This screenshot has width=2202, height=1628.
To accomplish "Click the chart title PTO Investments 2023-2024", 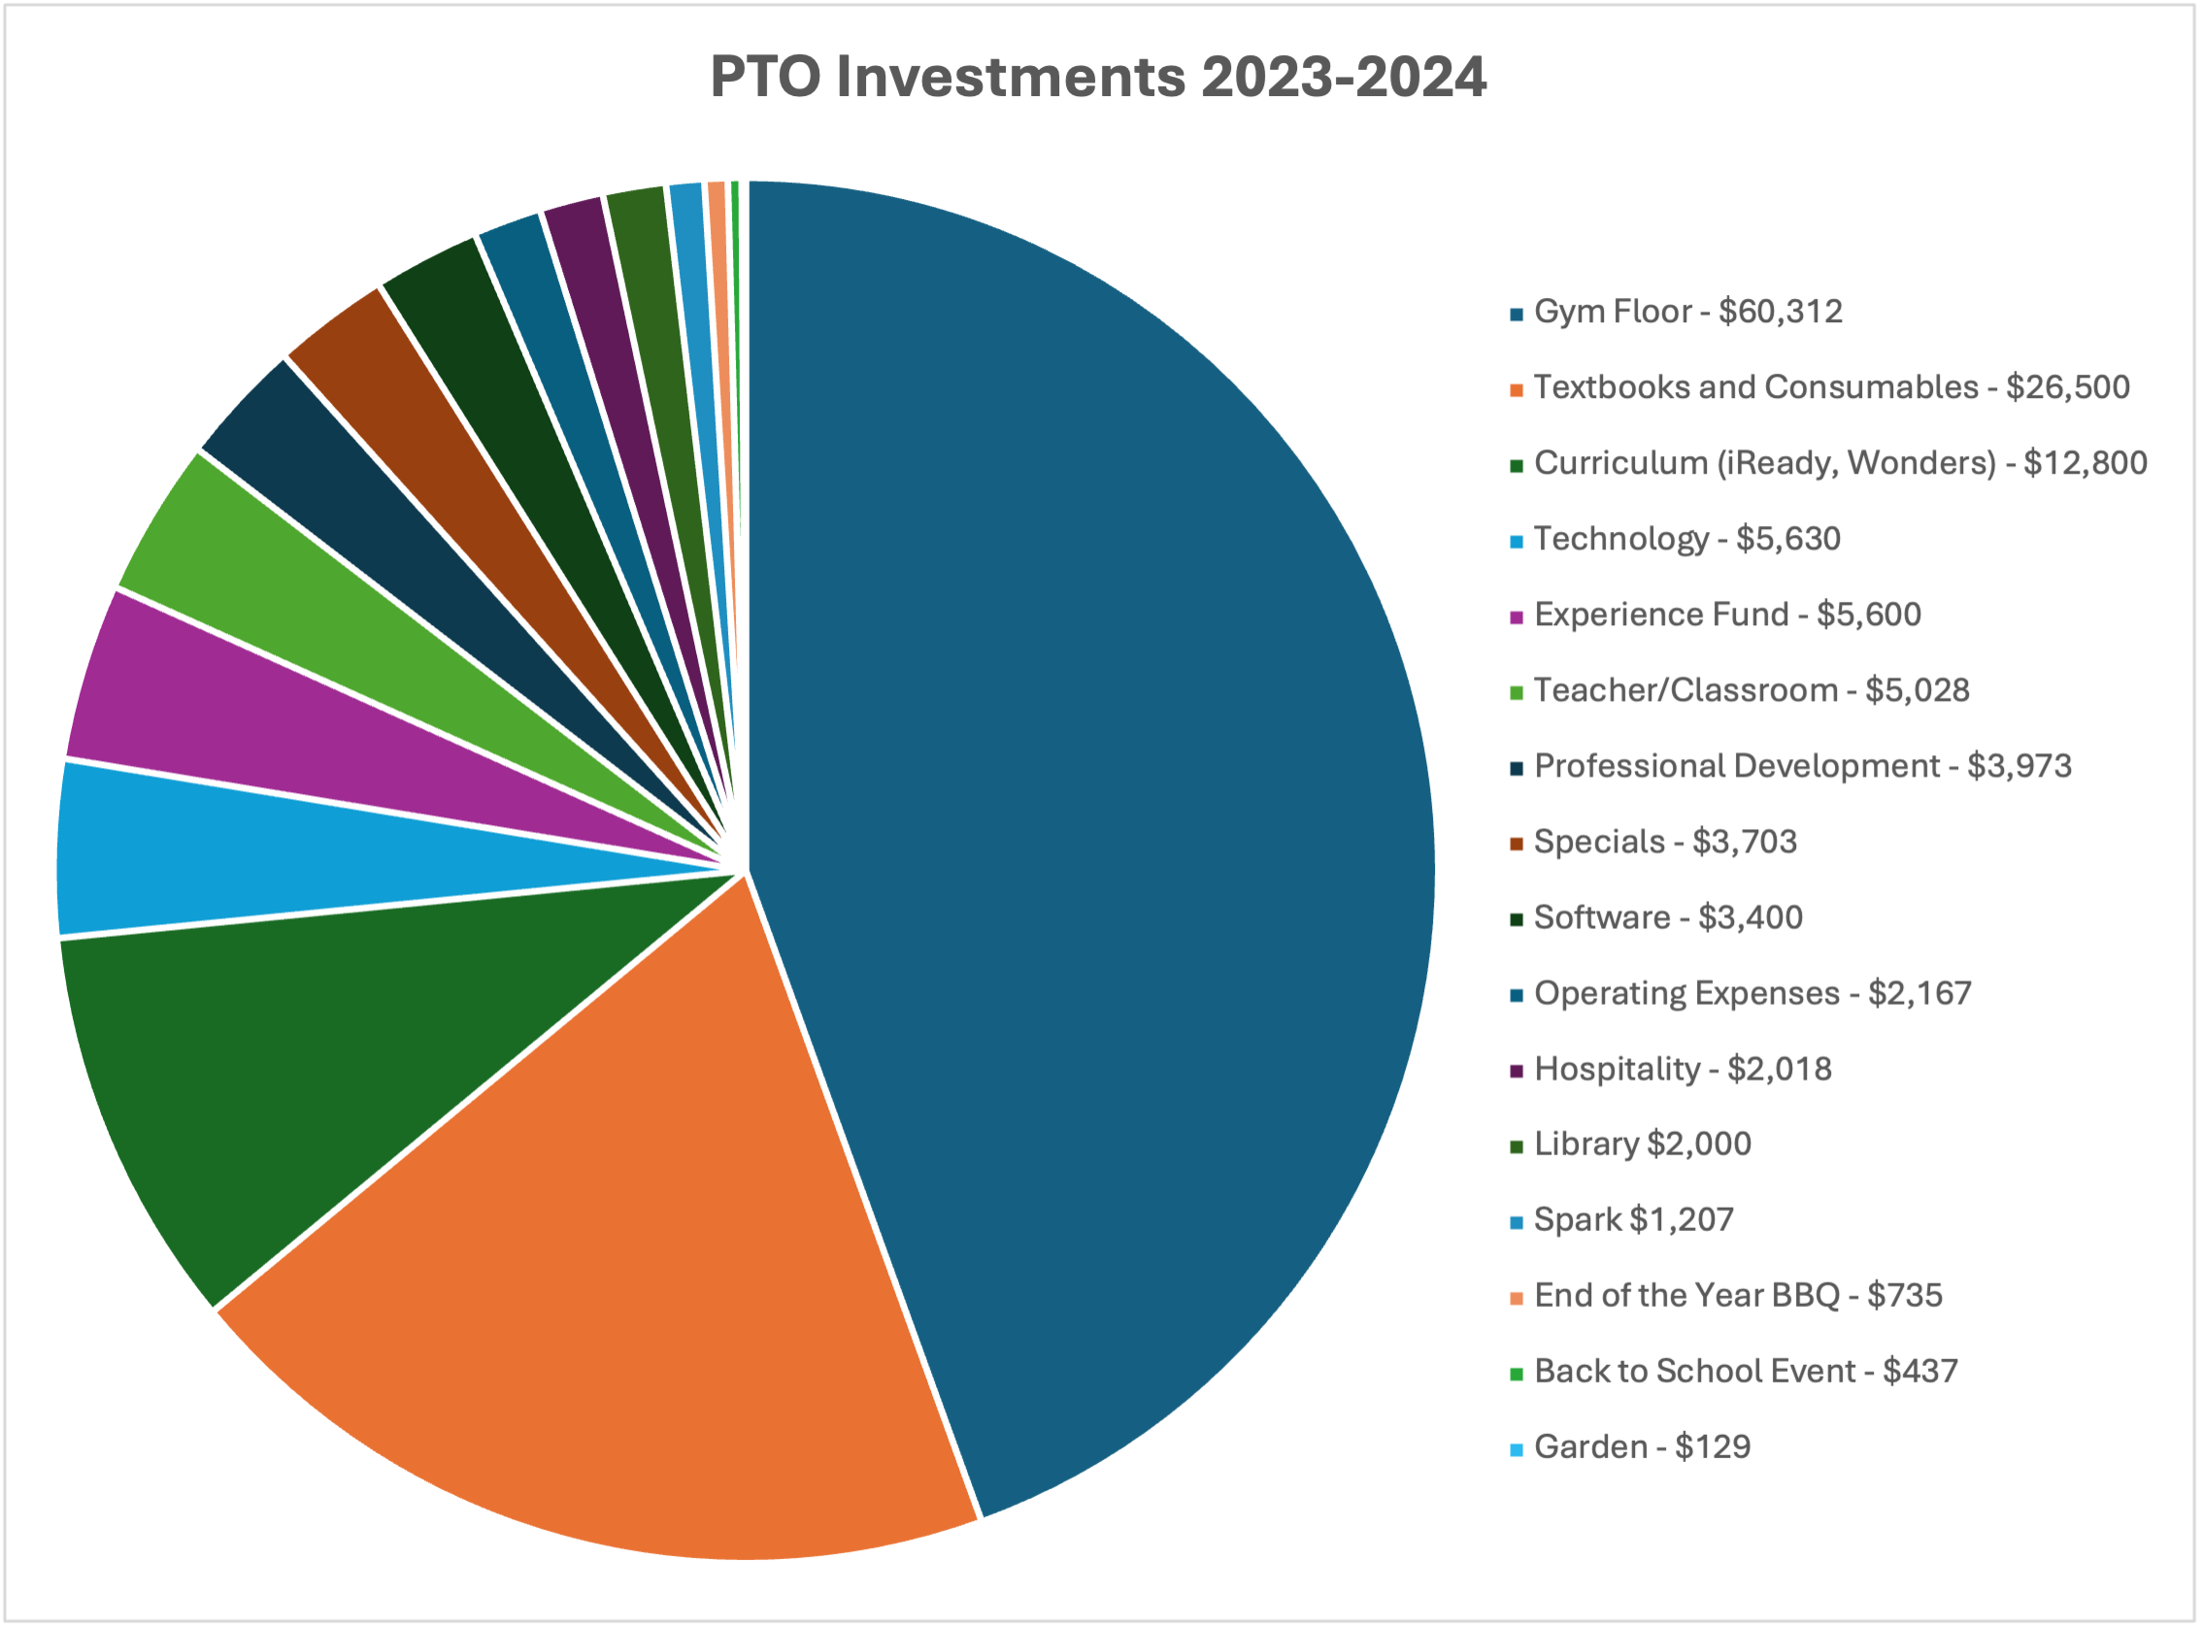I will (1097, 77).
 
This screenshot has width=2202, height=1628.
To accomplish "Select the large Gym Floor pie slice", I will (1084, 788).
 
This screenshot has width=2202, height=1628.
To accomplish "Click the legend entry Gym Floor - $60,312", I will (1687, 313).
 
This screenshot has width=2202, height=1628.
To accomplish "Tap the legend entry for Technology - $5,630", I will (1686, 539).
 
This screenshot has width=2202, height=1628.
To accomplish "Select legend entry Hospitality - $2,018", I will (1683, 1069).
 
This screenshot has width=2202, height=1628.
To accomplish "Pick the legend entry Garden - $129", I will (1642, 1447).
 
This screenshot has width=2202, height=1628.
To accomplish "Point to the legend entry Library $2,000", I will (1642, 1145).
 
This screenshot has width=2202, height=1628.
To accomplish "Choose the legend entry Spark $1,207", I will (1633, 1220).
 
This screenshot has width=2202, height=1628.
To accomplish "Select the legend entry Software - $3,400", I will (1668, 917).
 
